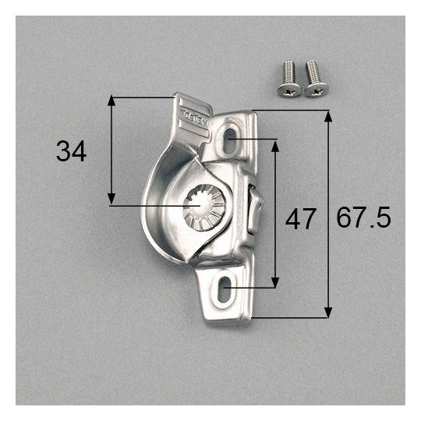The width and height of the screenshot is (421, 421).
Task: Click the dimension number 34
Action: [x=72, y=151]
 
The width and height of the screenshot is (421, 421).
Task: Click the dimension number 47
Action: [x=300, y=219]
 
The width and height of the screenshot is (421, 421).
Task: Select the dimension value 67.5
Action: [x=363, y=218]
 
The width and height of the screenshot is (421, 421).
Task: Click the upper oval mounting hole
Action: [x=229, y=140]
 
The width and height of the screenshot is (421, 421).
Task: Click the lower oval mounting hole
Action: [x=225, y=289]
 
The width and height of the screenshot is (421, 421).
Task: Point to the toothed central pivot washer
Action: [x=204, y=207]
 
